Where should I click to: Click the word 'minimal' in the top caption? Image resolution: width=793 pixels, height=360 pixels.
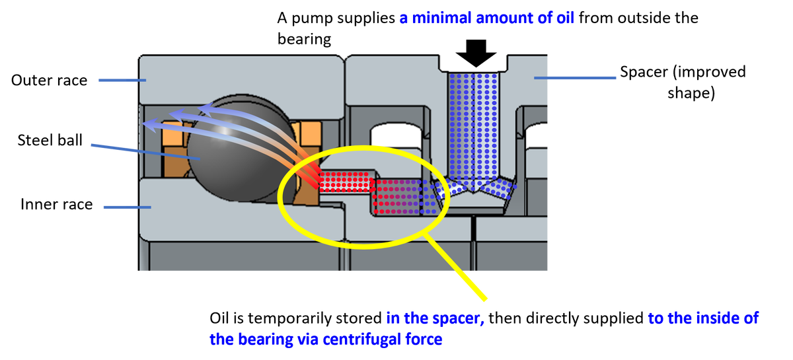(442, 18)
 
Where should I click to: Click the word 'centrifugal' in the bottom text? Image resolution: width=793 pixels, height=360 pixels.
(344, 340)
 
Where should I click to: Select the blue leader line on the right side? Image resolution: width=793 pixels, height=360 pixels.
(575, 79)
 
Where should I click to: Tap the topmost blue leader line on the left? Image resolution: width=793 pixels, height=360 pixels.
(122, 81)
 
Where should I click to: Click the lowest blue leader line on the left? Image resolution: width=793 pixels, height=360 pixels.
(126, 207)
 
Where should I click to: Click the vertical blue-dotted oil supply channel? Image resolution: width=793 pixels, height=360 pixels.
(472, 126)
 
